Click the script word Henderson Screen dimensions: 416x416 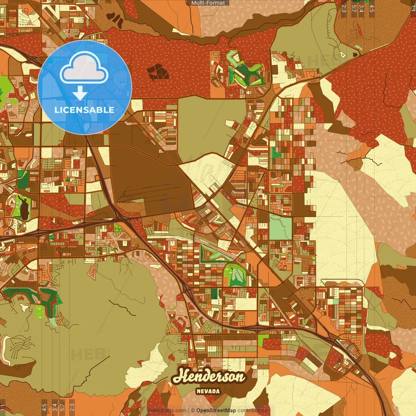[x=209, y=376]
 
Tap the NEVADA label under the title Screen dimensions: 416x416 [x=208, y=391]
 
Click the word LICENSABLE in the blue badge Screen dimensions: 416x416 [x=84, y=110]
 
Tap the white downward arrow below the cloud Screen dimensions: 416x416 [x=80, y=93]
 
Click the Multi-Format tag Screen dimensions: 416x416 [x=208, y=3]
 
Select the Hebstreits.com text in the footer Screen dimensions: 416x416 [x=167, y=410]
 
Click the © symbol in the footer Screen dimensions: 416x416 [x=193, y=410]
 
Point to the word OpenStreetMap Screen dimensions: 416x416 [x=216, y=410]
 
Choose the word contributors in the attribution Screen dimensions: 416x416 [x=253, y=410]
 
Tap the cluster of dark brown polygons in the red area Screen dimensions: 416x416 [x=158, y=72]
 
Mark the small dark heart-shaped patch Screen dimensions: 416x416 [x=355, y=55]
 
